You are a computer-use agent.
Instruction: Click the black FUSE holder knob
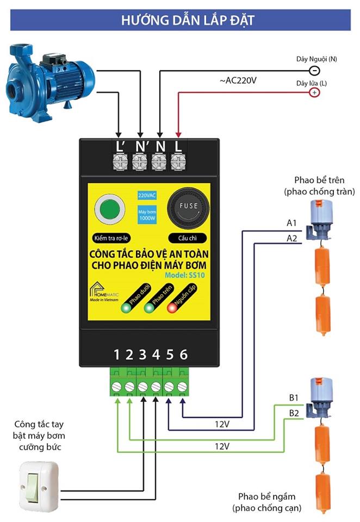pyautogui.click(x=188, y=208)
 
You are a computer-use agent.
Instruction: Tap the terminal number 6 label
pyautogui.click(x=183, y=355)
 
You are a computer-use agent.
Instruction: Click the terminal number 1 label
pyautogui.click(x=116, y=355)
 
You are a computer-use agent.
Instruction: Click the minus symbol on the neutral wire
pyautogui.click(x=314, y=70)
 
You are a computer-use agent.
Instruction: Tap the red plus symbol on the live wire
pyautogui.click(x=314, y=93)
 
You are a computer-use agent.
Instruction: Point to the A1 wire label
pyautogui.click(x=291, y=223)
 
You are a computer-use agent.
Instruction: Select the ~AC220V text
pyautogui.click(x=238, y=80)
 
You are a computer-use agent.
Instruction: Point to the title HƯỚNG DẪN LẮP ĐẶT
pyautogui.click(x=180, y=21)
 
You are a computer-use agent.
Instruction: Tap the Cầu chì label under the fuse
pyautogui.click(x=188, y=238)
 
